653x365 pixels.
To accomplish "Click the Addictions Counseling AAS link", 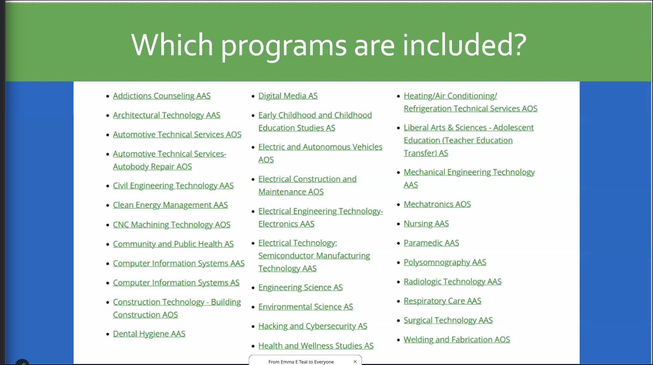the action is [x=162, y=96].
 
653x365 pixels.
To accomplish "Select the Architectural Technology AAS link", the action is [x=167, y=115].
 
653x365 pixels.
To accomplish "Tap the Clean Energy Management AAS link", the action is [x=170, y=205].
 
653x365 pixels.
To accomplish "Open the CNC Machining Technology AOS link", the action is [x=172, y=224].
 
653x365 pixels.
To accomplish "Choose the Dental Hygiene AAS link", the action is [x=149, y=334].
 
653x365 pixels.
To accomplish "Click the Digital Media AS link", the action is [x=288, y=96].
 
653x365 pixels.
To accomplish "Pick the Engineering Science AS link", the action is [x=300, y=287].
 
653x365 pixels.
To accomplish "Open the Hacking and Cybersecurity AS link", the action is [x=313, y=326].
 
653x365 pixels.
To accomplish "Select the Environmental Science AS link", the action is [x=306, y=307].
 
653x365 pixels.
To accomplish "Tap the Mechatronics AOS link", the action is [x=437, y=204].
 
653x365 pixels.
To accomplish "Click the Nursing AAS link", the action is [x=426, y=223].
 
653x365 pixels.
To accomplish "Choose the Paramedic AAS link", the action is [x=431, y=243].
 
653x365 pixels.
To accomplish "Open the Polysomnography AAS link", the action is [x=445, y=262].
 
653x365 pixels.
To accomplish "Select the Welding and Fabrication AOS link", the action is [x=457, y=339].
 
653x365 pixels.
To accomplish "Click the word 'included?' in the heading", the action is [x=464, y=44].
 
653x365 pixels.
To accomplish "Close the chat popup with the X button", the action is [x=355, y=362].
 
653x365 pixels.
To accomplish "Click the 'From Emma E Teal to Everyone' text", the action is [x=301, y=362].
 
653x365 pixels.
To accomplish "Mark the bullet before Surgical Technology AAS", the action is [x=399, y=321].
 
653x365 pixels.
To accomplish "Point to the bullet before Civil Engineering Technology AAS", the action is [x=108, y=186].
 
